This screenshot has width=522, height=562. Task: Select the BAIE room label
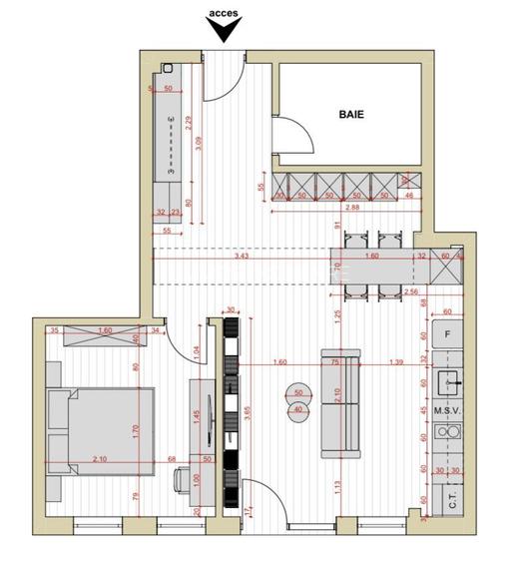click(350, 115)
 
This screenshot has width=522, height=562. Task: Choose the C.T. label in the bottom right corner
click(452, 504)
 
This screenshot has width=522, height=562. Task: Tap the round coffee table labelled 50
click(297, 391)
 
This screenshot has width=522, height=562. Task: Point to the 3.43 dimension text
click(242, 257)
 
